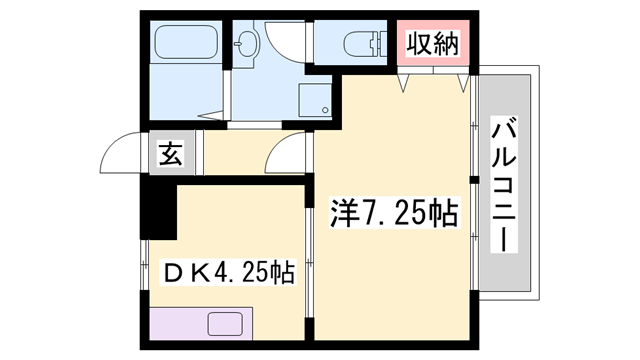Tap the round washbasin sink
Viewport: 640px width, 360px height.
point(246,43)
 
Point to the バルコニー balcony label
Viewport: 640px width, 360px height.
point(506,185)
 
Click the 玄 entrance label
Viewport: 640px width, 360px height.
point(171,156)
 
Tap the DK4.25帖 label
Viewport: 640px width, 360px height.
point(229,272)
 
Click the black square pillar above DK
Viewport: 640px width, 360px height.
point(157,206)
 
